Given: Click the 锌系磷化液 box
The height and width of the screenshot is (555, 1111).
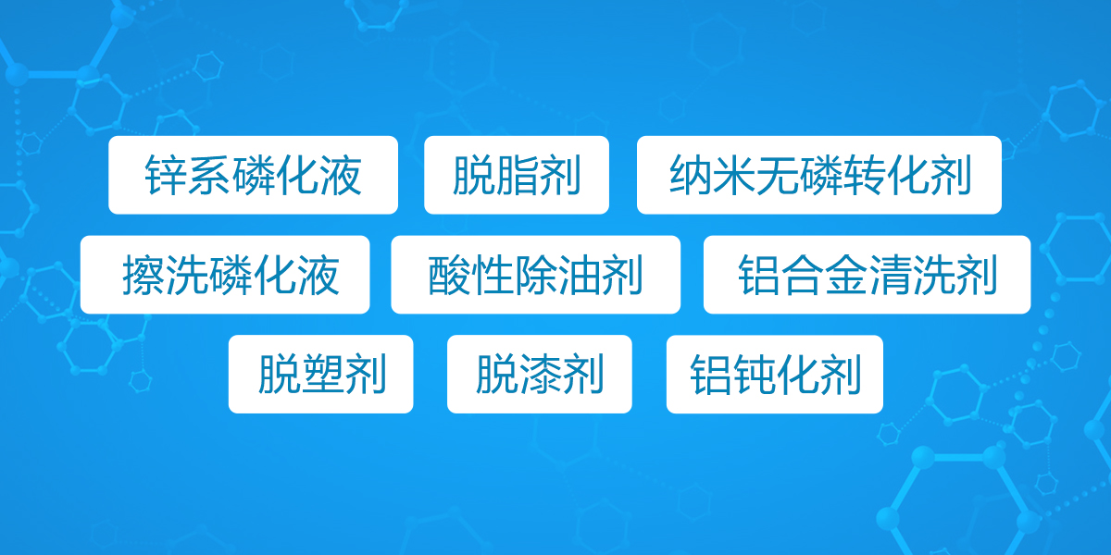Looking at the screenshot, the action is [253, 175].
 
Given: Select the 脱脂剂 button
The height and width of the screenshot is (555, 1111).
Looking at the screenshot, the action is [517, 175].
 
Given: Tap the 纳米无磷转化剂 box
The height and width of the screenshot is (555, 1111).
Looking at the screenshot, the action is [818, 175].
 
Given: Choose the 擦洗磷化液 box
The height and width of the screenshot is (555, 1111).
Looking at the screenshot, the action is [225, 275].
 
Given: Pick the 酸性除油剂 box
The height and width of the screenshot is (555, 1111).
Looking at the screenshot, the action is [536, 275].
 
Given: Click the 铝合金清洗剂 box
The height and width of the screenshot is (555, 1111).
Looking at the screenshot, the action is [867, 275].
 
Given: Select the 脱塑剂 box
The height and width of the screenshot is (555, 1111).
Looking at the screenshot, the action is [321, 374].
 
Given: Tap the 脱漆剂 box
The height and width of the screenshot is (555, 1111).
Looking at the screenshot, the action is [540, 374].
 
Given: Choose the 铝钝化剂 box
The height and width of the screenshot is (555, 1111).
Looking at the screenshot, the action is [775, 374].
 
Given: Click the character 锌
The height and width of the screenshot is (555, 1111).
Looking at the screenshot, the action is [166, 175].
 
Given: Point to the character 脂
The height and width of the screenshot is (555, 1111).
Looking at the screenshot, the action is [517, 175].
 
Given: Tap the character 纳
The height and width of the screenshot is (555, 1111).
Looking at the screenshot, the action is [690, 175].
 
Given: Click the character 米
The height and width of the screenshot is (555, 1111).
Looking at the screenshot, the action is [733, 175].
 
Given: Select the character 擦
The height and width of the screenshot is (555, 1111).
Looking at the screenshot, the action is [144, 275].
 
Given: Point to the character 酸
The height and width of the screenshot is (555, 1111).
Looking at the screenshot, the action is [449, 275].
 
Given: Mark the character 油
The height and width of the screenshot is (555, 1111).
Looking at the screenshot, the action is [579, 275].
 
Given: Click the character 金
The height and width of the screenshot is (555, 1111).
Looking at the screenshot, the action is [846, 275].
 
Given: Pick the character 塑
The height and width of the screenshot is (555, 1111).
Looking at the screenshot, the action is [322, 375].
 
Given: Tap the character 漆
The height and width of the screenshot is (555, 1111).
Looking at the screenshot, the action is [540, 375].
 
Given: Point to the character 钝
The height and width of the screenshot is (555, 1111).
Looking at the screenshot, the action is [754, 375].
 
